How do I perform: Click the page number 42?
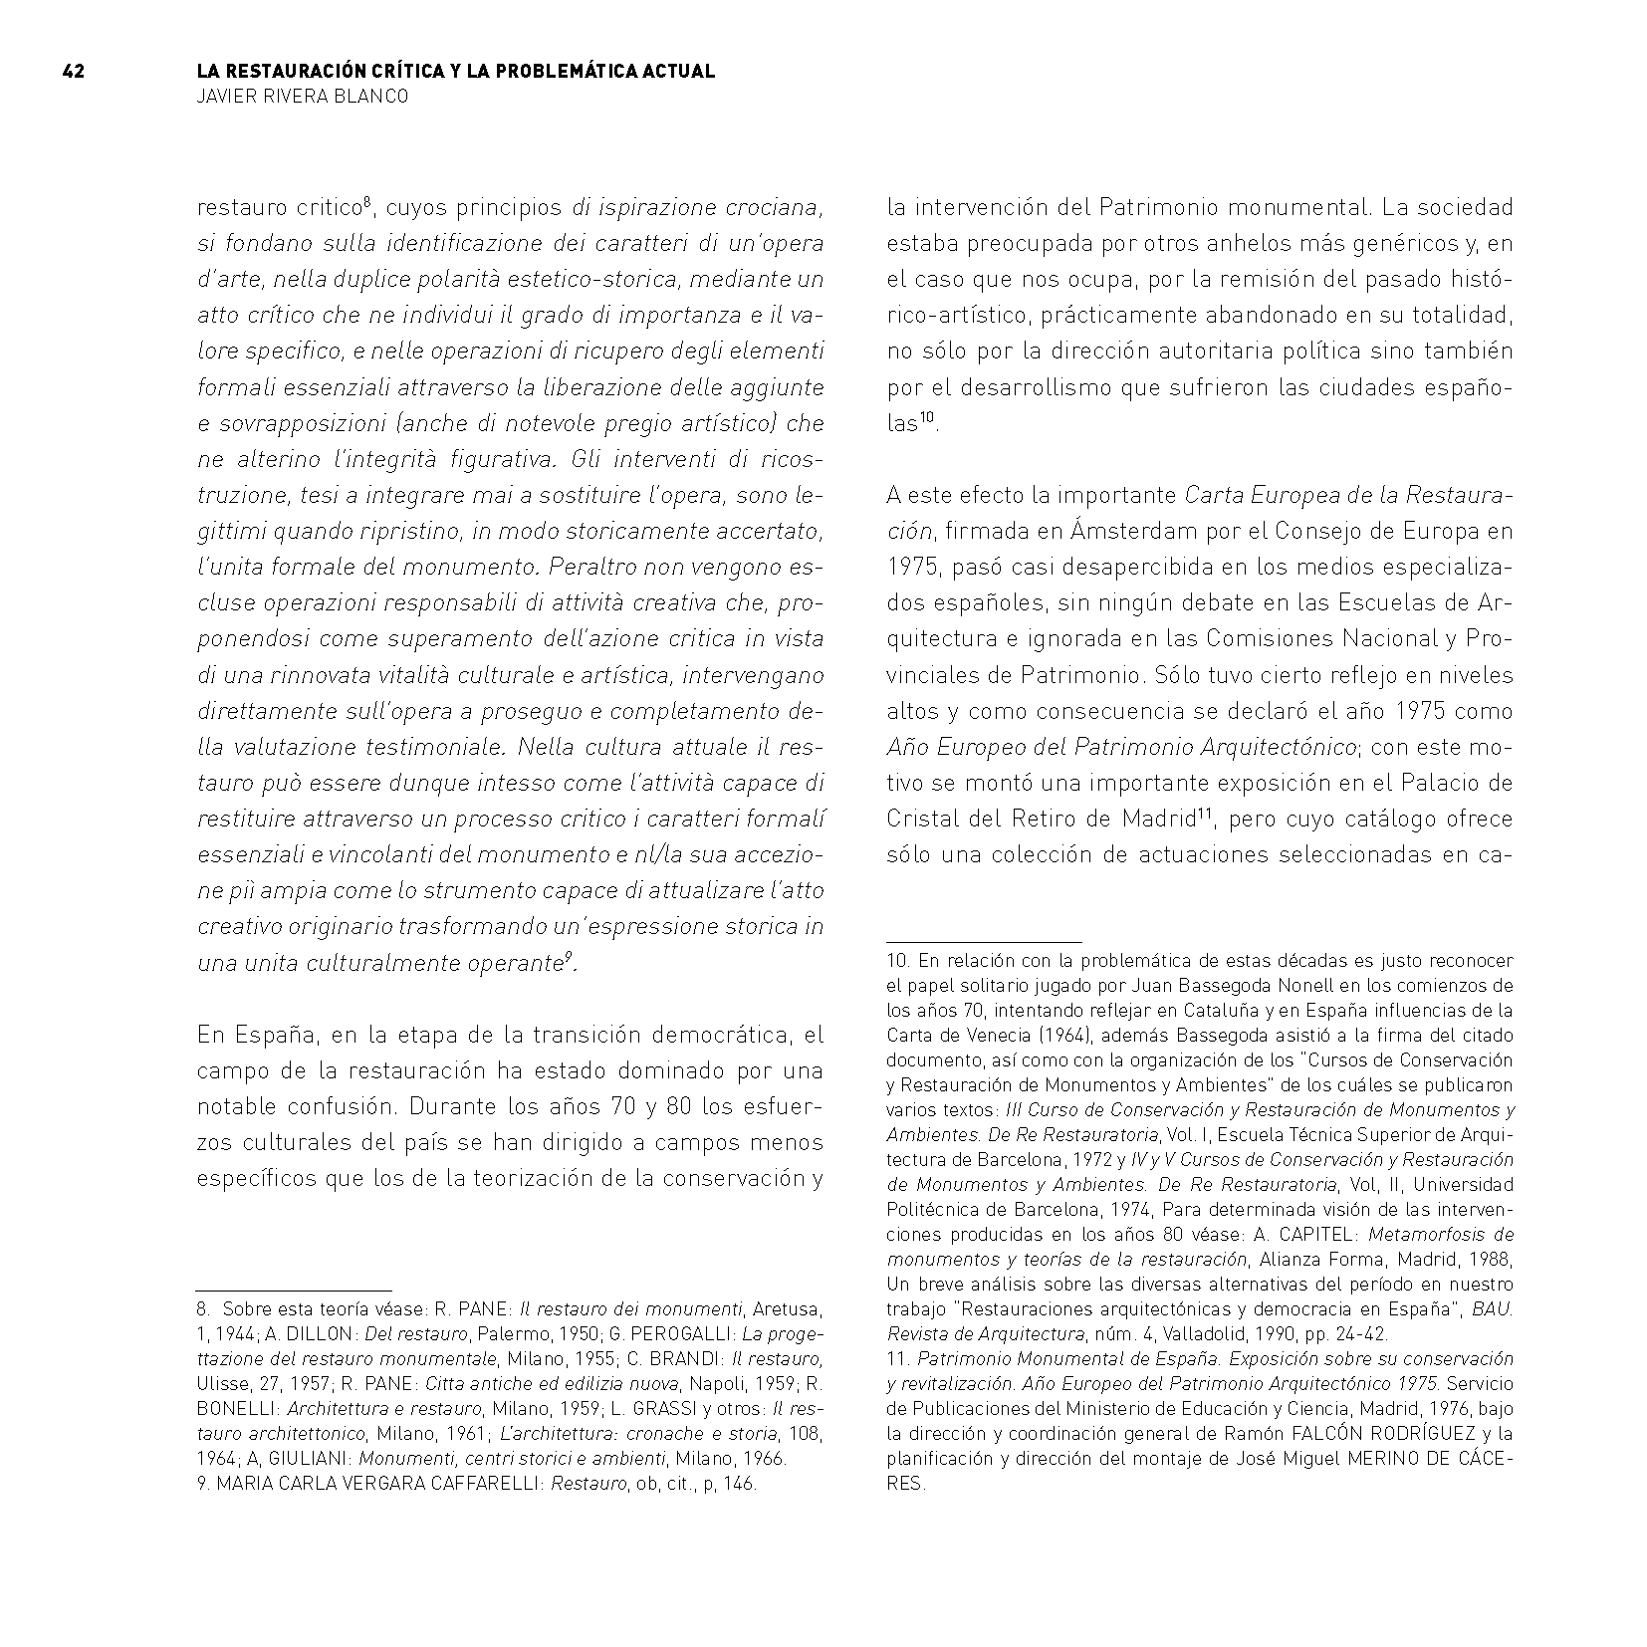tap(73, 72)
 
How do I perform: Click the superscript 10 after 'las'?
tap(926, 417)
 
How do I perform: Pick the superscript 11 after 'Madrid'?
tap(1203, 813)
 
